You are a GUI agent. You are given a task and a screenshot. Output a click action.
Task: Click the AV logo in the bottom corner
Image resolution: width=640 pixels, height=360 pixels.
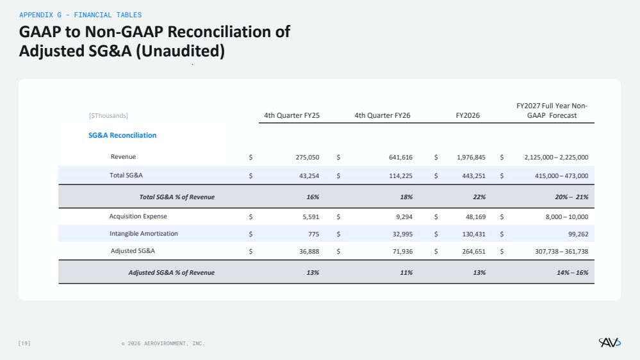[609, 343]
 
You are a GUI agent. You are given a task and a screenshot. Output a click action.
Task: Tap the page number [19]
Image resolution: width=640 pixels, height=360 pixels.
[24, 343]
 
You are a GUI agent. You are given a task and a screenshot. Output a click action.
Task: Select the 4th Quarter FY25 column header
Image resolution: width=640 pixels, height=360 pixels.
[292, 115]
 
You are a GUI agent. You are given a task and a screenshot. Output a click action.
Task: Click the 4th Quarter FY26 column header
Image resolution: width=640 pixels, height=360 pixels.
[382, 115]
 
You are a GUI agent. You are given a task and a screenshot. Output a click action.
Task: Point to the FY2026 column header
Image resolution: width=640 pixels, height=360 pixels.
[468, 115]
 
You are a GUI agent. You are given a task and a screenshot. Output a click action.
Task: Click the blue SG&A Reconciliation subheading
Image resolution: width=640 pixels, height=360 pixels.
[122, 135]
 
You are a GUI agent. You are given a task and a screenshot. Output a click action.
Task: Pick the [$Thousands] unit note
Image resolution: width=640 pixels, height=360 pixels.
[108, 115]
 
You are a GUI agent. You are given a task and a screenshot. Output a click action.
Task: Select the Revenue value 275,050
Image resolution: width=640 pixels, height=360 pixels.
[308, 157]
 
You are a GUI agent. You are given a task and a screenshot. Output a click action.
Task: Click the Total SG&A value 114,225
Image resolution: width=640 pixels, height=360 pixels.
[400, 176]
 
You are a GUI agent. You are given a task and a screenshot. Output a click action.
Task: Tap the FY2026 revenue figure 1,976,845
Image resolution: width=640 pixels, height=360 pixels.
[471, 157]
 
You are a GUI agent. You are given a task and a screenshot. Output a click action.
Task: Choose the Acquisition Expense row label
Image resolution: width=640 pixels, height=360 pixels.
[138, 217]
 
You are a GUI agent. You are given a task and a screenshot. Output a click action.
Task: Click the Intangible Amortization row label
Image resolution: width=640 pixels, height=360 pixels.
[144, 233]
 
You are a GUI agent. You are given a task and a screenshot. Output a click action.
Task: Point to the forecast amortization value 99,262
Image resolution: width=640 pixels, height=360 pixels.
[578, 234]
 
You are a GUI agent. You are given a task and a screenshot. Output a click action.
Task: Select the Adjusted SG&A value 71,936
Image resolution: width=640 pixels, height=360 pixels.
[402, 252]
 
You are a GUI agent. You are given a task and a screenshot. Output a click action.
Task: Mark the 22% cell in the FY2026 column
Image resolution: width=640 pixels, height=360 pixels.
[479, 197]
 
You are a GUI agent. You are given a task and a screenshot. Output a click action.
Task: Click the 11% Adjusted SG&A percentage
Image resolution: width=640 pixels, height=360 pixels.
[406, 273]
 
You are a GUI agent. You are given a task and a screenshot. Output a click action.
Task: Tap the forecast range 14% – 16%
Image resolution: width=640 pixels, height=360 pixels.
[572, 273]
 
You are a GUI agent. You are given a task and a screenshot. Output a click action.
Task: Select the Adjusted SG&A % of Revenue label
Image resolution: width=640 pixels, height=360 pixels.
[172, 273]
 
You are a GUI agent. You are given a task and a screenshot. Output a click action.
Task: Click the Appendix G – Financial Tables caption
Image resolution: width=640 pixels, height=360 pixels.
[81, 15]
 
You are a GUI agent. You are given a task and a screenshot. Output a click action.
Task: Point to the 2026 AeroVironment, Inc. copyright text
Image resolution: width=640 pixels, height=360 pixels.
[163, 344]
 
